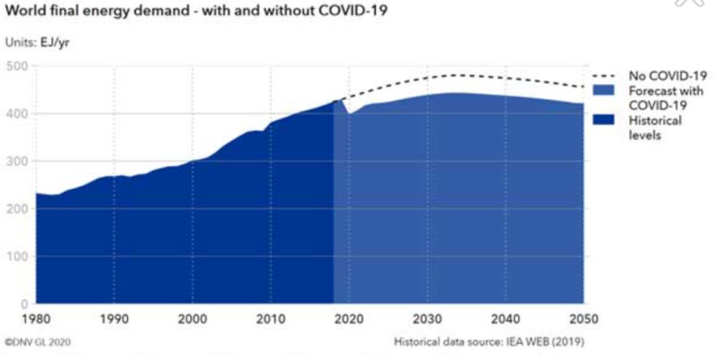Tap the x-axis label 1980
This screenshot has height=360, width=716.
click(36, 319)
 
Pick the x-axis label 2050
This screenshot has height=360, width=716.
click(583, 319)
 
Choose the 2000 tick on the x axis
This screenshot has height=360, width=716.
click(192, 319)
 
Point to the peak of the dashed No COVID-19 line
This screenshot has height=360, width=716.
click(456, 75)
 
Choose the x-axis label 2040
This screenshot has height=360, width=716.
click(506, 319)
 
